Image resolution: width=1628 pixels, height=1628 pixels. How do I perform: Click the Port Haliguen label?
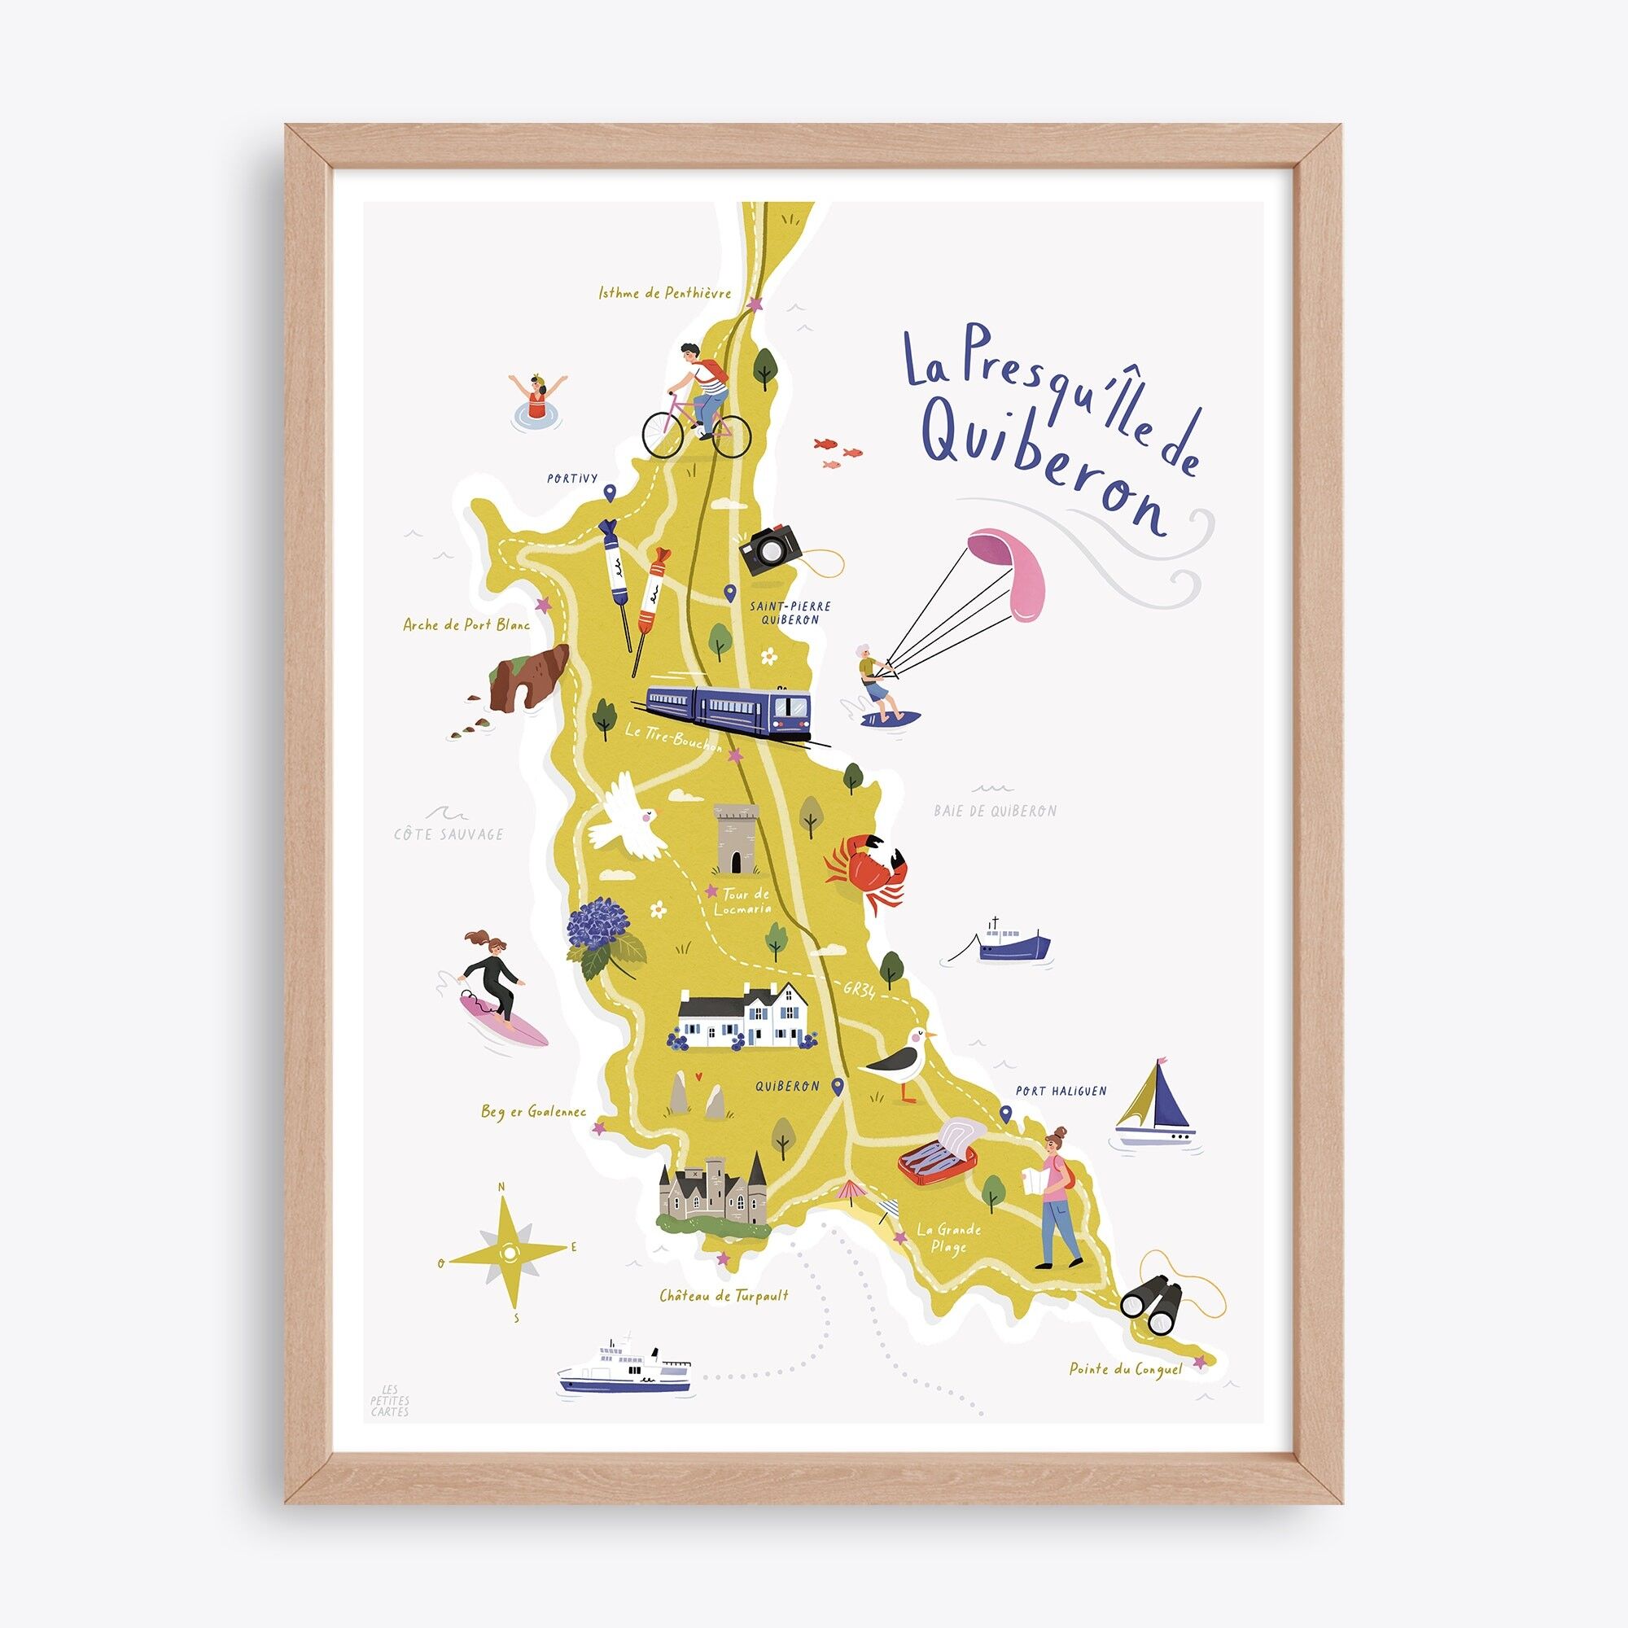click(x=1061, y=1091)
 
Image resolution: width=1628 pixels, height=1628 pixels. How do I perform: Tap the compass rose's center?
click(x=508, y=1253)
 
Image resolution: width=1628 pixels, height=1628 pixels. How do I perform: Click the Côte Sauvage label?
click(x=449, y=834)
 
